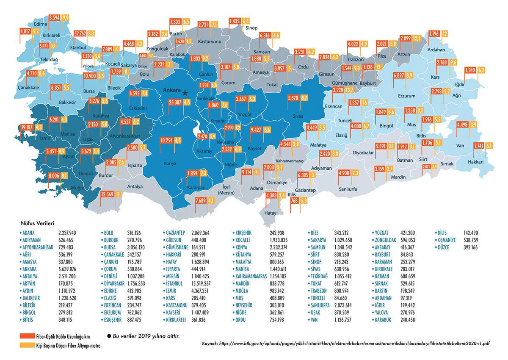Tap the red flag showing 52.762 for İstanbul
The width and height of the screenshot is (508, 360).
(x=80, y=33)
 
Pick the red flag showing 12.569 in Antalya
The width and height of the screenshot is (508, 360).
(x=107, y=194)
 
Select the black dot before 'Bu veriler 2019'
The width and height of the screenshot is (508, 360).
(x=109, y=336)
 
